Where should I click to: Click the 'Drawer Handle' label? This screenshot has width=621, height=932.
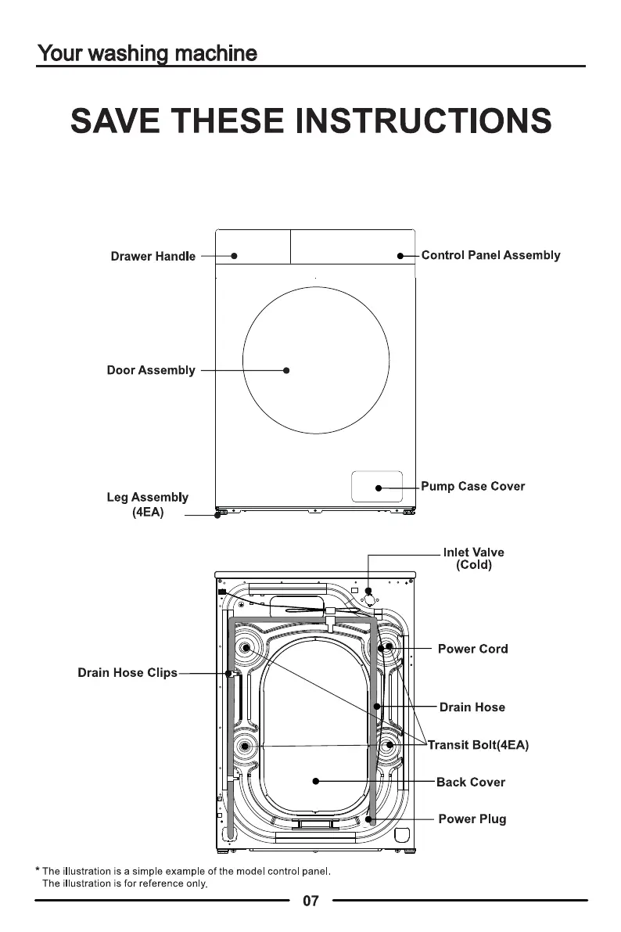tap(153, 256)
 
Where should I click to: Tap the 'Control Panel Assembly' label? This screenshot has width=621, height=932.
tap(491, 255)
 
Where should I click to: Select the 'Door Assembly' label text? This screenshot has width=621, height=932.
tap(151, 370)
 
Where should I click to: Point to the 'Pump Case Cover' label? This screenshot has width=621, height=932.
tap(473, 486)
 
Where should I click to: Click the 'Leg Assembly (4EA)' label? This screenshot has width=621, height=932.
tap(147, 505)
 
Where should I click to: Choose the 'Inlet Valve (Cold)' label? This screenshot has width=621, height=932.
tap(474, 559)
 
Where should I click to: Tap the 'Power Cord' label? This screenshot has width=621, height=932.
tap(473, 649)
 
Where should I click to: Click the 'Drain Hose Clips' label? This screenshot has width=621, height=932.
tap(127, 673)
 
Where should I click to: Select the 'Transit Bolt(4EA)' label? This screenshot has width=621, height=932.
tap(479, 745)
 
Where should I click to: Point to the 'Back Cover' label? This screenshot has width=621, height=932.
tap(471, 783)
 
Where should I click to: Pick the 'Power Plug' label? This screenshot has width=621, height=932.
tap(472, 819)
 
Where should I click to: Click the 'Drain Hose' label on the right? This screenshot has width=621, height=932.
tap(472, 707)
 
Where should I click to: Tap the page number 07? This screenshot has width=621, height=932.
tap(310, 901)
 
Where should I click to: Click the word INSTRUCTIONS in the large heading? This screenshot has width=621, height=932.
tap(423, 121)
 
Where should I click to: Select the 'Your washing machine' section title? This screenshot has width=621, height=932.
tap(147, 53)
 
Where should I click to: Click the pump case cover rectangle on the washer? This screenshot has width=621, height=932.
tap(377, 486)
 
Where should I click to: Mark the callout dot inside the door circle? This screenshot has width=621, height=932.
tap(286, 370)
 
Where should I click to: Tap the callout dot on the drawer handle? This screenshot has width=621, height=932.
tap(234, 256)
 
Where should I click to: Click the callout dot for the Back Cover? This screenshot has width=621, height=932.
tap(316, 781)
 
